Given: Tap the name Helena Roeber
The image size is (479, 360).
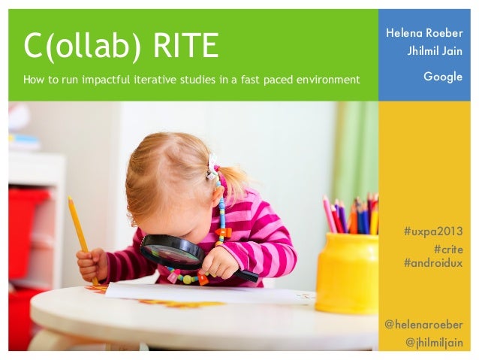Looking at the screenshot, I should pyautogui.click(x=424, y=33).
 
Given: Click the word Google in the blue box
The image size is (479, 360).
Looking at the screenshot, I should pyautogui.click(x=443, y=77).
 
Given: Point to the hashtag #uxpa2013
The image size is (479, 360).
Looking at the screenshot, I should pyautogui.click(x=433, y=231).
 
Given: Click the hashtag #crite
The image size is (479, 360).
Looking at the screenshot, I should pyautogui.click(x=448, y=249).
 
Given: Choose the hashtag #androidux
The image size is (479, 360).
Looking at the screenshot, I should pyautogui.click(x=433, y=263).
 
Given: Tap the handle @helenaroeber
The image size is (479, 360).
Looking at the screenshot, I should pyautogui.click(x=423, y=325).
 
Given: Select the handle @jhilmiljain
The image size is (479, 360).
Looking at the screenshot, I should pyautogui.click(x=434, y=343).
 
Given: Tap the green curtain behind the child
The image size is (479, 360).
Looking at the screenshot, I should pyautogui.click(x=353, y=150).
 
